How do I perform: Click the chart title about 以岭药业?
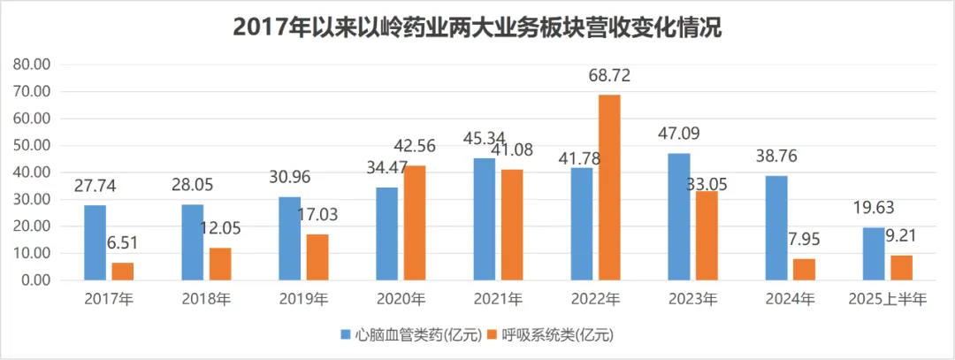click(477, 27)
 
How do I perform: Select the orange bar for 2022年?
click(609, 188)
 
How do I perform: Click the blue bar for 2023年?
click(678, 217)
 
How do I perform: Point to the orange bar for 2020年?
click(414, 223)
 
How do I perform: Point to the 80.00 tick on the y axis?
click(32, 65)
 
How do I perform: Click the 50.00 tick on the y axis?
click(32, 146)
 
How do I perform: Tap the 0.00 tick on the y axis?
click(35, 280)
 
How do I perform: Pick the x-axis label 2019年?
click(302, 300)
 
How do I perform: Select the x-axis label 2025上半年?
click(886, 300)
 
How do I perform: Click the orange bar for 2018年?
click(219, 264)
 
